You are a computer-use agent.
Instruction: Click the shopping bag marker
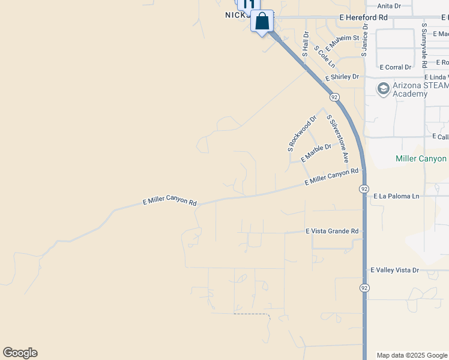pos(262,22)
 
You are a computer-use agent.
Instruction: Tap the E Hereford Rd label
pos(363,18)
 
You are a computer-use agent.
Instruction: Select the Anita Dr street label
pos(389,6)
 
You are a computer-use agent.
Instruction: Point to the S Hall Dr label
pos(306,44)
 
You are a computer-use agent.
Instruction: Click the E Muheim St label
pos(342,43)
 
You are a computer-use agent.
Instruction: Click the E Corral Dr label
pos(396,67)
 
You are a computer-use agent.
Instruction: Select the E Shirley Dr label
pos(342,77)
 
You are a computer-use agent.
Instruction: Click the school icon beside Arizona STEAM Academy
pos(382,89)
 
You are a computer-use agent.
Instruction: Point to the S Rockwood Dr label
pos(301,134)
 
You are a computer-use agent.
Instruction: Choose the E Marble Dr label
pos(316,152)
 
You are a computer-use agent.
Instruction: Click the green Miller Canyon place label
pos(421,158)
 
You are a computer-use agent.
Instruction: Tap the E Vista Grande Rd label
pos(332,231)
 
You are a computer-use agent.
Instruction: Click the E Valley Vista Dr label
pos(394,271)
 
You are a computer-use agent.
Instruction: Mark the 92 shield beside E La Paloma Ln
pos(364,189)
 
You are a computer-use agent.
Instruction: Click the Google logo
pos(20,353)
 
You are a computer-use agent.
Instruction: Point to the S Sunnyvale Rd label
pos(424,46)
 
